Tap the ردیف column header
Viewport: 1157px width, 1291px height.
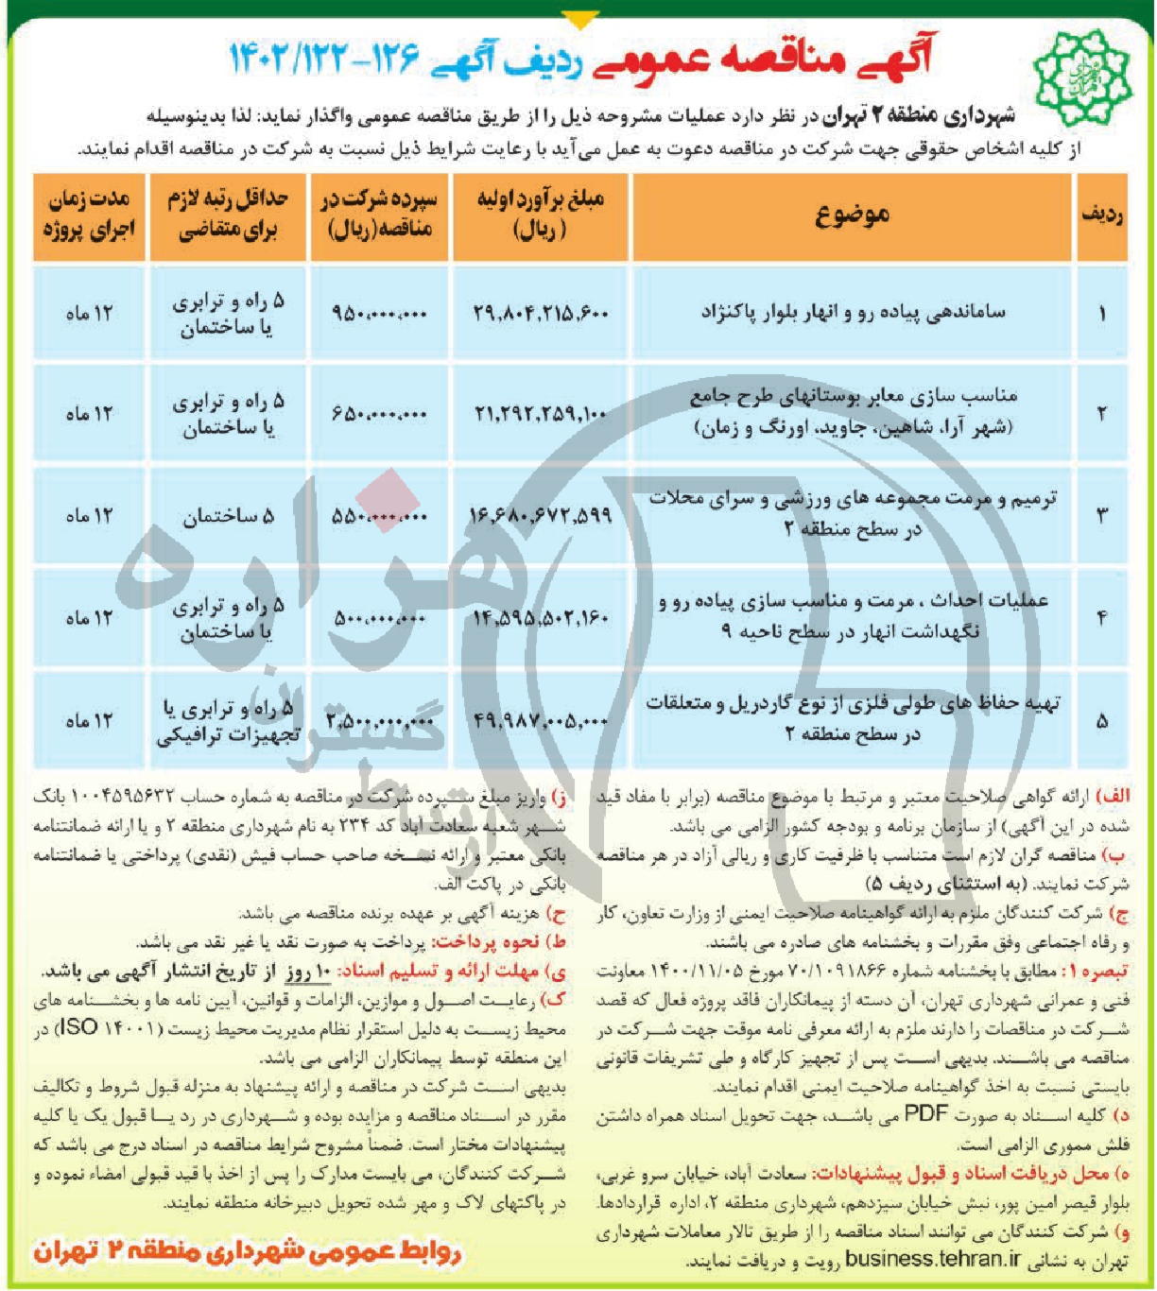pyautogui.click(x=1102, y=215)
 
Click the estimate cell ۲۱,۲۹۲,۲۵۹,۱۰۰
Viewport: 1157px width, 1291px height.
pyautogui.click(x=541, y=414)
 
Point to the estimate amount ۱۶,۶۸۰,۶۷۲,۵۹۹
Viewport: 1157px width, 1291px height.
pyautogui.click(x=541, y=516)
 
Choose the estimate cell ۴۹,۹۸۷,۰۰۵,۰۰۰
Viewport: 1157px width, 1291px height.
pyautogui.click(x=541, y=721)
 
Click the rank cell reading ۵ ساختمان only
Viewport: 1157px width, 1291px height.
pyautogui.click(x=228, y=516)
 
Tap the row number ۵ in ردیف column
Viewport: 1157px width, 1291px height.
pyautogui.click(x=1102, y=721)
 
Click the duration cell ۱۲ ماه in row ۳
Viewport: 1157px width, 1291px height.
pyautogui.click(x=89, y=516)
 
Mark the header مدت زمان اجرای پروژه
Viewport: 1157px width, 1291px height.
pyautogui.click(x=89, y=215)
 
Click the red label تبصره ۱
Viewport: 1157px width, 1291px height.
pyautogui.click(x=1097, y=971)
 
